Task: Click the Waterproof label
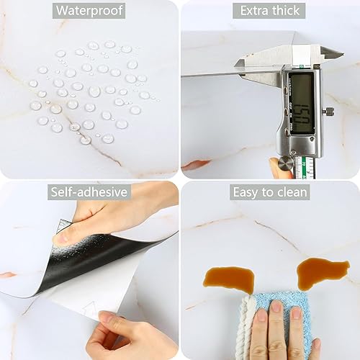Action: tap(89, 11)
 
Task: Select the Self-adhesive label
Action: tap(89, 192)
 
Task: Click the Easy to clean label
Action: tap(270, 192)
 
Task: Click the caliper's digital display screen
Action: tap(301, 103)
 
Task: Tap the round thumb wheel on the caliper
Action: tap(286, 163)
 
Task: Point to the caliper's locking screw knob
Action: tap(328, 111)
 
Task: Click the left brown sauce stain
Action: tap(229, 279)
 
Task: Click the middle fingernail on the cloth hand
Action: tap(276, 307)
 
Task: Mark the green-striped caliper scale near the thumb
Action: tap(304, 167)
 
